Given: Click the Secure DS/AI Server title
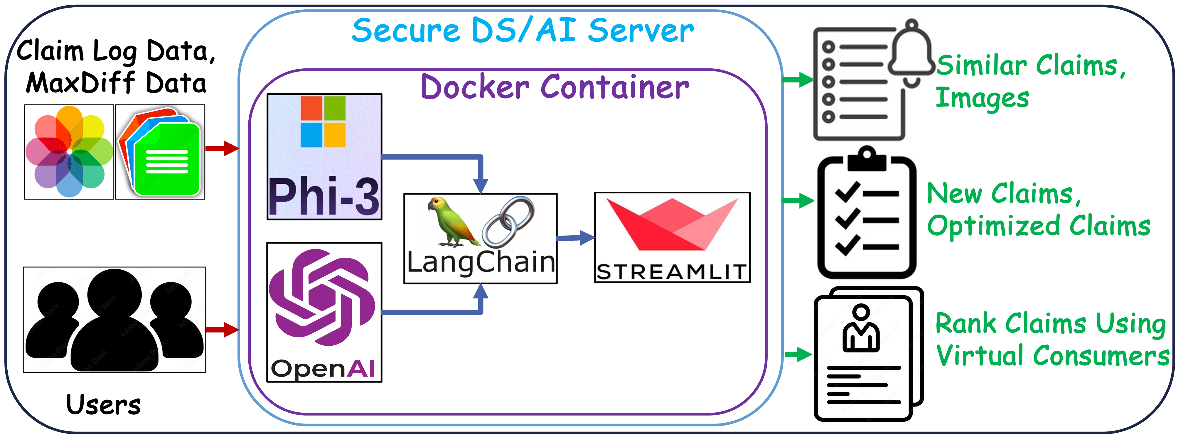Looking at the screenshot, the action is pos(523,31).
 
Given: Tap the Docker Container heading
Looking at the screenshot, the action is pos(555,87).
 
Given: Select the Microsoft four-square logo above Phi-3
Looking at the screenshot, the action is pos(323,121).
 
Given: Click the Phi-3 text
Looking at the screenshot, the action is pos(324,196).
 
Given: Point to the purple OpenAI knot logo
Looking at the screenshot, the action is pos(322,297).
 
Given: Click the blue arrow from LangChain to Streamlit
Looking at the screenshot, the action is pos(576,238).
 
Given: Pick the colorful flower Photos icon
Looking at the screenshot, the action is pos(69,152).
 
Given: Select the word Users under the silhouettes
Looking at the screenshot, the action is pos(103,405).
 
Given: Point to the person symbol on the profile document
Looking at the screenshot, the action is pos(861,328).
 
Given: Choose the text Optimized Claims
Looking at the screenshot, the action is pos(1039,226).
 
